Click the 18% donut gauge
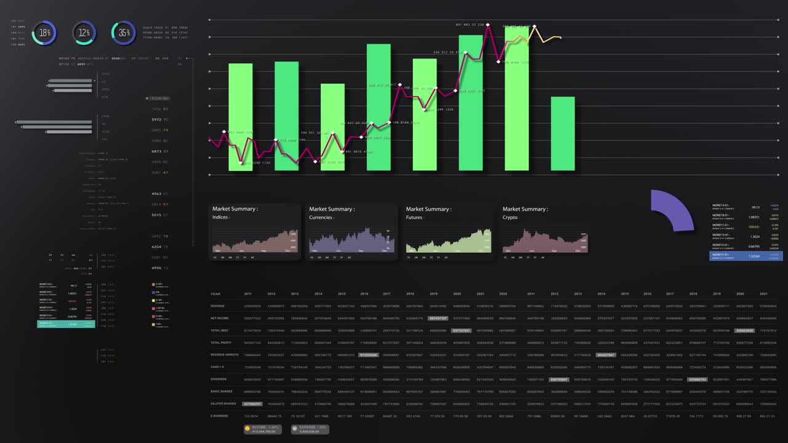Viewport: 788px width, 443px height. click(44, 33)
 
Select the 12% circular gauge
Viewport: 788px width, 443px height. click(84, 33)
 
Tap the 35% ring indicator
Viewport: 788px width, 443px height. click(124, 33)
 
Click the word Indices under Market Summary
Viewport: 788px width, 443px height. click(220, 217)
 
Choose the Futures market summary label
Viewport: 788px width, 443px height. click(414, 217)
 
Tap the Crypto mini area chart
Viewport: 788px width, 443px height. click(545, 242)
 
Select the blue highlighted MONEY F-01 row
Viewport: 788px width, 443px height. click(746, 255)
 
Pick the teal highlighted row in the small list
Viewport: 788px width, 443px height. click(66, 324)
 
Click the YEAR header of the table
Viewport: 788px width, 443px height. click(215, 294)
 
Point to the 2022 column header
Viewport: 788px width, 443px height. click(503, 294)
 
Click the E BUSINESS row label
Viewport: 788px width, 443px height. click(219, 416)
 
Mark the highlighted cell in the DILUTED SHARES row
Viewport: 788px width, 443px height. click(252, 404)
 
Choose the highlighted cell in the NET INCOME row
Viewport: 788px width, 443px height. click(438, 319)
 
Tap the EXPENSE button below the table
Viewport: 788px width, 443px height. click(309, 429)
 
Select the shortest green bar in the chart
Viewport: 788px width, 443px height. click(563, 134)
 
